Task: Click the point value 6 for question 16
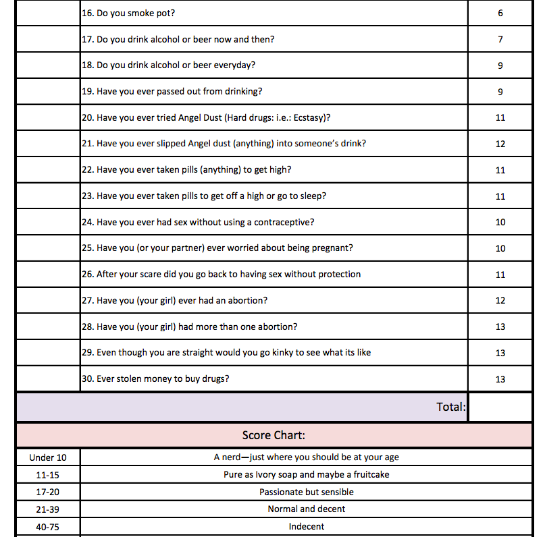[500, 13]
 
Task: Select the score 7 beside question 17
[500, 39]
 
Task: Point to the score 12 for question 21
[500, 144]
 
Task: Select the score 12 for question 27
[500, 301]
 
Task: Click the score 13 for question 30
[500, 379]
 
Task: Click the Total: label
[450, 407]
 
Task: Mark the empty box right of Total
[500, 407]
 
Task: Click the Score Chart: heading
[274, 436]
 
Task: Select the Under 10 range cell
[47, 457]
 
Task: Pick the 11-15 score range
[47, 474]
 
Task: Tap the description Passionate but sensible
[307, 492]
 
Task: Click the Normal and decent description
[307, 509]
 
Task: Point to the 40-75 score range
[47, 526]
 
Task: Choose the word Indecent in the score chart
[307, 526]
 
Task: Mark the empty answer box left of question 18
[47, 65]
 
